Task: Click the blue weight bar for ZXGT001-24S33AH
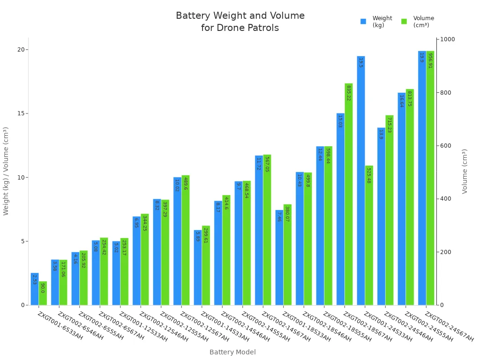click(361, 187)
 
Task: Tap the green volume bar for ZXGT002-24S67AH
click(430, 187)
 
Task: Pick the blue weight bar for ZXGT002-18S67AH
click(340, 211)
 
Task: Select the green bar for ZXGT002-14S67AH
click(267, 234)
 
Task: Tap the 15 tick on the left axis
click(21, 113)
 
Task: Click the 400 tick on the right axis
click(446, 199)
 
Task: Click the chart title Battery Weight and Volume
click(240, 16)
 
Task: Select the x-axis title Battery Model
click(232, 352)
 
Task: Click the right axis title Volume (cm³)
click(465, 171)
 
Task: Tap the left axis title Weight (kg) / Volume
click(6, 171)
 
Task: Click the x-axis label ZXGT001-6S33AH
click(60, 326)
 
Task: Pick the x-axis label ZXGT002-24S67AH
click(449, 326)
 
